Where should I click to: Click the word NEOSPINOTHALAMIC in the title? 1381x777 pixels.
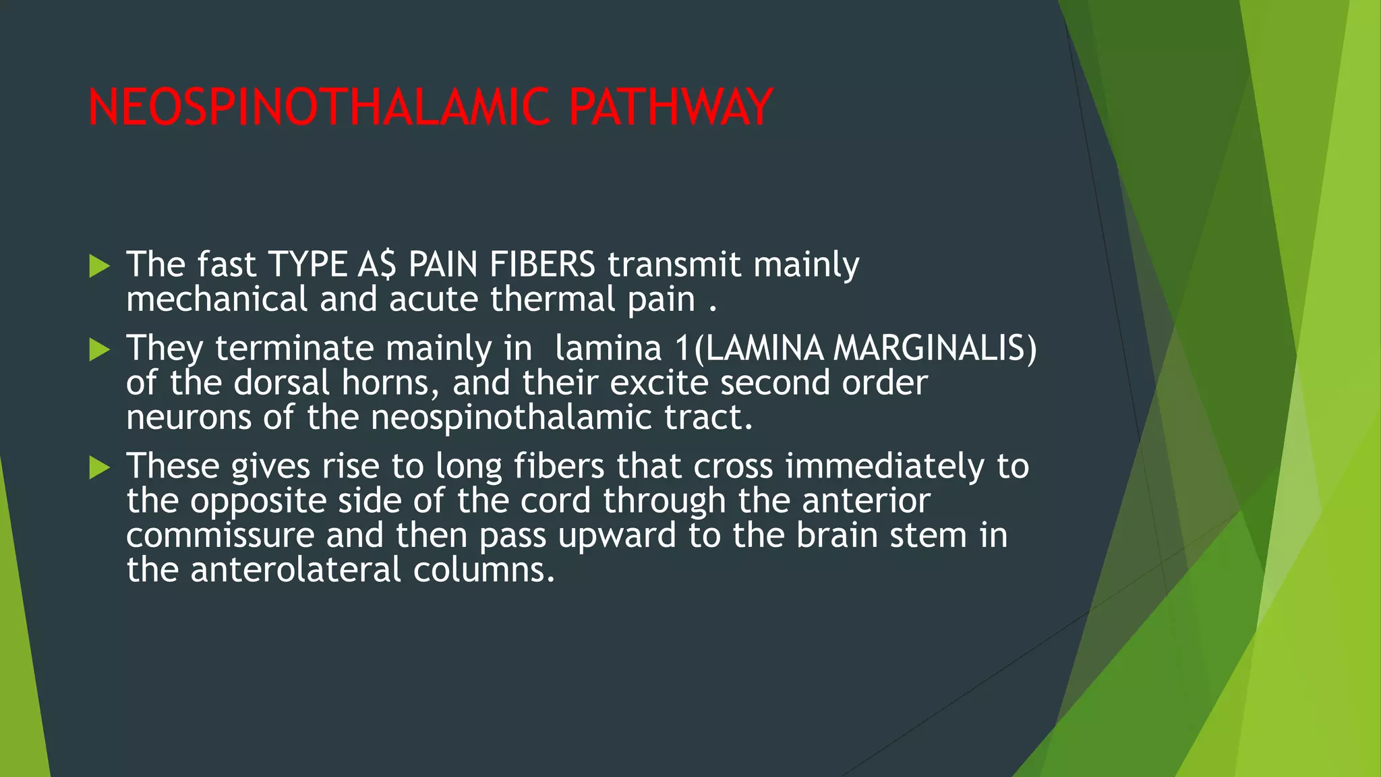pyautogui.click(x=320, y=107)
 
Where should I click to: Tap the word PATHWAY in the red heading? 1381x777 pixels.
pyautogui.click(x=670, y=107)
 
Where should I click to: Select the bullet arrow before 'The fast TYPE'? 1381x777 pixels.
pyautogui.click(x=99, y=266)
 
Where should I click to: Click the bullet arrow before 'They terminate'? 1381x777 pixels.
pyautogui.click(x=99, y=349)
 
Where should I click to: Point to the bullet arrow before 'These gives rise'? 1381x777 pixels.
pyautogui.click(x=99, y=467)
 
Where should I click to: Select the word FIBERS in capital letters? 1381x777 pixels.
pyautogui.click(x=542, y=264)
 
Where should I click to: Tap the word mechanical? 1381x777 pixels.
pyautogui.click(x=216, y=299)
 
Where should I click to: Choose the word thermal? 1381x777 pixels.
pyautogui.click(x=552, y=299)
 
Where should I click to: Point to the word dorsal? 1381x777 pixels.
pyautogui.click(x=281, y=382)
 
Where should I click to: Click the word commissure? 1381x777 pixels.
pyautogui.click(x=220, y=536)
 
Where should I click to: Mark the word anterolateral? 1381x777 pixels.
pyautogui.click(x=295, y=570)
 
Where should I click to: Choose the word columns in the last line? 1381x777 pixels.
pyautogui.click(x=483, y=570)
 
